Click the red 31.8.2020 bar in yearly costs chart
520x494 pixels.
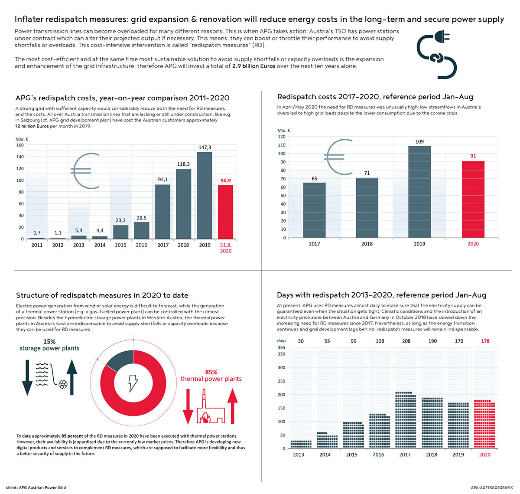(225, 212)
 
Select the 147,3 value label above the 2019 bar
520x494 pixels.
(205, 147)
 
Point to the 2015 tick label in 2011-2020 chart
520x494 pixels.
(121, 245)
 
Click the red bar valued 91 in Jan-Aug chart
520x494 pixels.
(473, 200)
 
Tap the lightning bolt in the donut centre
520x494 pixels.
(133, 383)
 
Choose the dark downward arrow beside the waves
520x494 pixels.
(27, 377)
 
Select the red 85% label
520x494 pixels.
(211, 372)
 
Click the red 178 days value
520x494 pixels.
(485, 341)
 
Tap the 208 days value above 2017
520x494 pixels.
(406, 341)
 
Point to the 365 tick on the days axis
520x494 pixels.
(281, 347)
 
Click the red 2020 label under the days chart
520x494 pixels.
(485, 455)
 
